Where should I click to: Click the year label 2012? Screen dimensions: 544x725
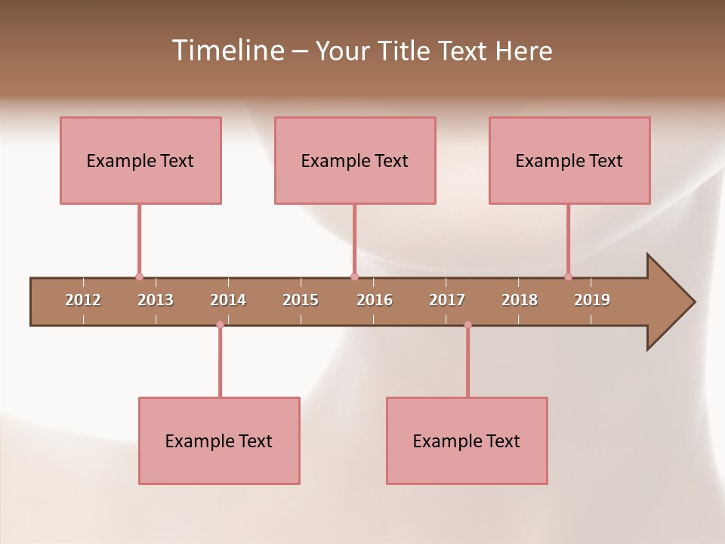click(83, 300)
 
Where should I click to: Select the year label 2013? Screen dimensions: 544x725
click(156, 300)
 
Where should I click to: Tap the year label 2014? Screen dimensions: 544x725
click(228, 300)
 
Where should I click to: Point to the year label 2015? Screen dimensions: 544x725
click(301, 300)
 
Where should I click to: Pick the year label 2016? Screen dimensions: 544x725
click(375, 300)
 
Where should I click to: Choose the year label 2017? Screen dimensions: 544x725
click(447, 300)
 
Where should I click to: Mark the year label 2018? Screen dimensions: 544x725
click(520, 300)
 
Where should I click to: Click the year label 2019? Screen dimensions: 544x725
click(592, 300)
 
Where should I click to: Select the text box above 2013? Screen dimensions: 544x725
click(140, 160)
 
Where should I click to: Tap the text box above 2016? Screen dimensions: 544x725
click(355, 160)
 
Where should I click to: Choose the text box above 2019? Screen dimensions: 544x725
click(569, 160)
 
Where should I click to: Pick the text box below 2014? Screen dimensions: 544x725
click(219, 440)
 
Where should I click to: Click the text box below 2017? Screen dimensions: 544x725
click(467, 440)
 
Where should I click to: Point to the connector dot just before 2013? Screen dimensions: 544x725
click(139, 277)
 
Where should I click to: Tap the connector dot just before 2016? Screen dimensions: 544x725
click(354, 277)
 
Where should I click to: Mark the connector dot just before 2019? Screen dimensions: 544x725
click(569, 277)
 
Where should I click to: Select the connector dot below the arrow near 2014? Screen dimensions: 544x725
click(220, 325)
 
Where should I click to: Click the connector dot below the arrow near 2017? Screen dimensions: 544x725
click(467, 325)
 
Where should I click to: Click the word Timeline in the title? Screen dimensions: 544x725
click(227, 51)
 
